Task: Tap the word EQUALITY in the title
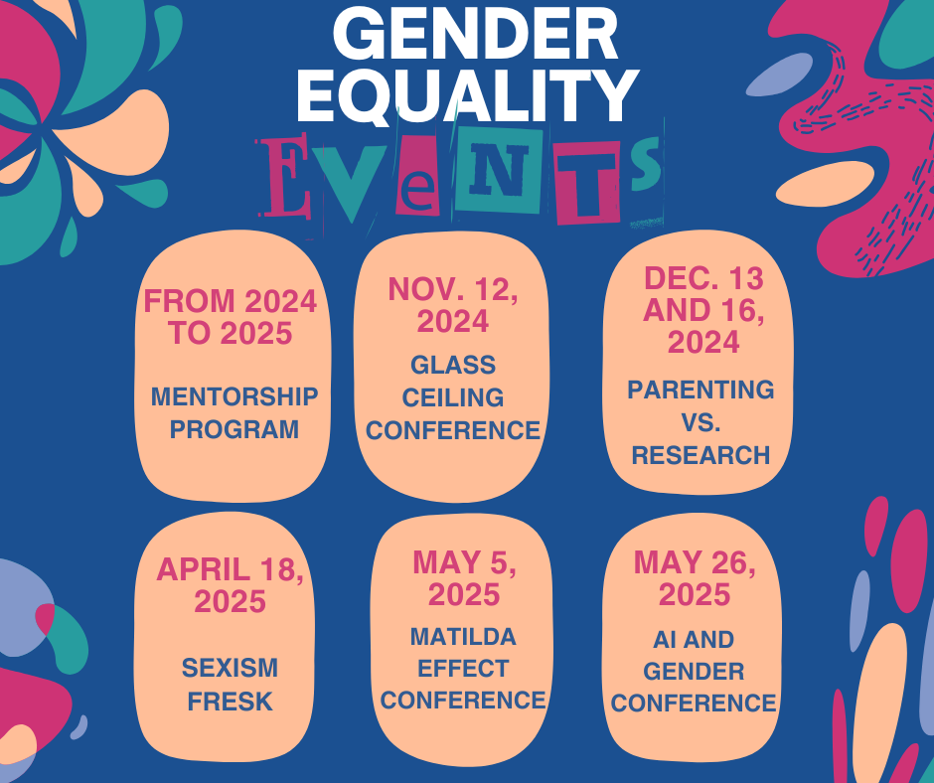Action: coord(467,96)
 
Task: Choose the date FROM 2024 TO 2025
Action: coord(231,316)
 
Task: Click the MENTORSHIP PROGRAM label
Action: coord(234,412)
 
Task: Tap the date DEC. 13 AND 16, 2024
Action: coord(703,310)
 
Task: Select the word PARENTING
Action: coord(700,390)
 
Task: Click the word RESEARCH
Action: coord(700,455)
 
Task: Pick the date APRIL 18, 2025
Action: coord(231,585)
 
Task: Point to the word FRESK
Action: coord(231,702)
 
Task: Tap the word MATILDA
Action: coord(463,636)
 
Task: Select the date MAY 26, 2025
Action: coord(695,579)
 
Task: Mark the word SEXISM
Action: coord(230,668)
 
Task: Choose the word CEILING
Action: coord(453,397)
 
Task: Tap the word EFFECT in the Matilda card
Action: coord(463,668)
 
